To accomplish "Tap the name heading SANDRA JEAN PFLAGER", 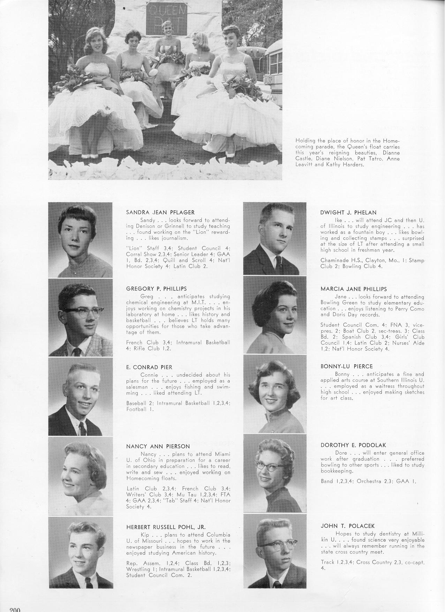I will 160,212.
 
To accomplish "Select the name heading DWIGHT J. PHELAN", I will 348,212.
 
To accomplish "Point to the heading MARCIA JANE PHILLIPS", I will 354,289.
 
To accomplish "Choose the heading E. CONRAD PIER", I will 149,367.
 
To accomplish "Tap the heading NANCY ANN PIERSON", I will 158,446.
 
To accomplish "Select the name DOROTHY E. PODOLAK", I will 353,445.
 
